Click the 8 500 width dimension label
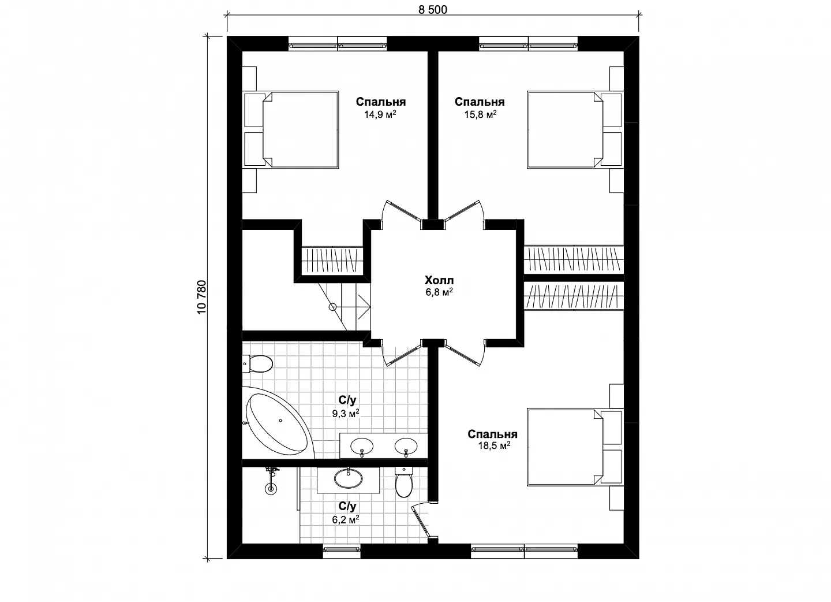click(433, 10)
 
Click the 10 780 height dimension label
click(201, 297)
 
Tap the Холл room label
click(439, 280)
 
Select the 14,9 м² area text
click(380, 114)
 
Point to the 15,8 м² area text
click(480, 114)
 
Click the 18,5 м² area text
click(494, 445)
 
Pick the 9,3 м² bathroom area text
click(346, 413)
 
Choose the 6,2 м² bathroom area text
click(346, 519)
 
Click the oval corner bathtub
click(278, 423)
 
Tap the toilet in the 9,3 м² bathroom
click(257, 363)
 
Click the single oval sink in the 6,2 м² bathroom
click(349, 478)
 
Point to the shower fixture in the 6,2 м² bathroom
click(272, 481)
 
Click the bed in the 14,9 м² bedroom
click(301, 130)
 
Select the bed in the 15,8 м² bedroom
click(564, 130)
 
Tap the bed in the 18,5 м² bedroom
click(564, 447)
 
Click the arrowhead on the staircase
click(365, 307)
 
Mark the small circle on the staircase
click(333, 307)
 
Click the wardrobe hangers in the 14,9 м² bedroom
click(332, 261)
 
